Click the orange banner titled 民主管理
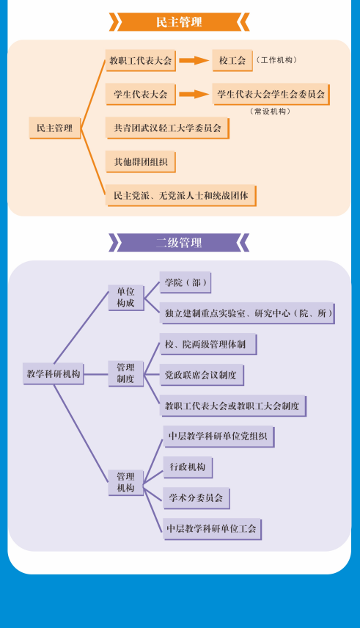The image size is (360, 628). [x=179, y=21]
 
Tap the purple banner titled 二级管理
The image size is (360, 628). [x=179, y=243]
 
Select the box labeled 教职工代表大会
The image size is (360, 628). [x=141, y=61]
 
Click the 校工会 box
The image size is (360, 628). [x=232, y=61]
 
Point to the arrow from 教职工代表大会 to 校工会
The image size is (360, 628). [x=194, y=60]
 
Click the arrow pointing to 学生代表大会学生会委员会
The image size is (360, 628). [x=194, y=94]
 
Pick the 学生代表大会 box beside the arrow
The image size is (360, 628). [x=141, y=95]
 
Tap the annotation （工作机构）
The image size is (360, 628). [x=276, y=60]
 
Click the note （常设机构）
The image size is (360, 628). [x=270, y=112]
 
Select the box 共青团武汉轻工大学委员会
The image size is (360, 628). [x=167, y=128]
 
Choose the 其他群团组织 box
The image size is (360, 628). [x=141, y=162]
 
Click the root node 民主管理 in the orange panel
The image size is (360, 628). [x=55, y=128]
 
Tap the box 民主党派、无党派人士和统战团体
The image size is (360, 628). [x=181, y=195]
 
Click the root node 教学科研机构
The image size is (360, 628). [x=54, y=374]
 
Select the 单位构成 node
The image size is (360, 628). [x=125, y=298]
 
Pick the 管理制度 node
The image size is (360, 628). [x=125, y=373]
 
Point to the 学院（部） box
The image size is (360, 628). [x=185, y=282]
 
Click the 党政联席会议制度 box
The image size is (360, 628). [x=202, y=375]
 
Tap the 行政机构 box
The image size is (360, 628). [x=188, y=467]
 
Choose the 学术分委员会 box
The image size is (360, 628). [x=196, y=498]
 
